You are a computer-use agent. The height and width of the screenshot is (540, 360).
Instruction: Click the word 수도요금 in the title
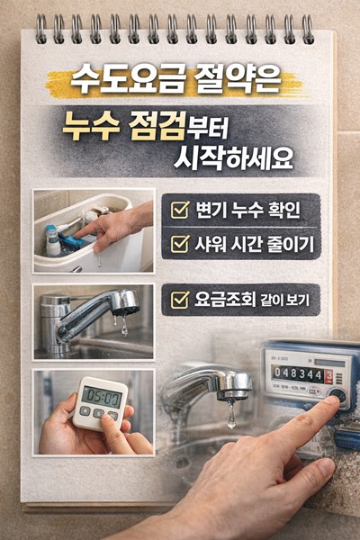click(x=119, y=84)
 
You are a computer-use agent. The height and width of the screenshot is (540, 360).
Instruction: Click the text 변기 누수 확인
click(x=246, y=212)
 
